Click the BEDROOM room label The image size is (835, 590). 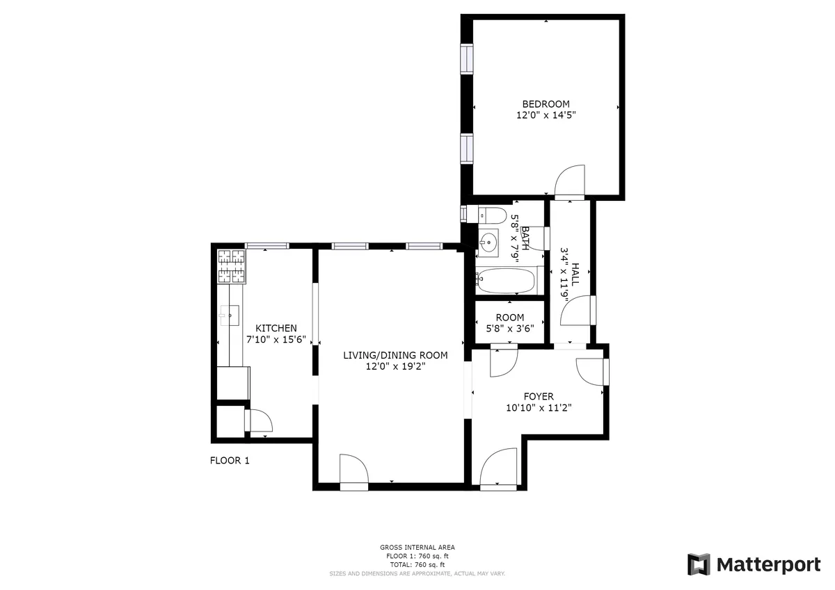click(546, 104)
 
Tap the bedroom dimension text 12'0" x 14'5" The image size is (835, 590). click(546, 116)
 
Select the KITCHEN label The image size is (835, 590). click(276, 328)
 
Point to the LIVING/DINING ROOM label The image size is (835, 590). click(395, 355)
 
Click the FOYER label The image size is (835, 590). click(539, 397)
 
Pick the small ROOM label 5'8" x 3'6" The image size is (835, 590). click(510, 318)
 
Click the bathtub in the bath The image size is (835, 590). click(506, 281)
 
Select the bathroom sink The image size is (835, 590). click(488, 243)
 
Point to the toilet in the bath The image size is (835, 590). click(492, 214)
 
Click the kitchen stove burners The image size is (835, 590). click(232, 266)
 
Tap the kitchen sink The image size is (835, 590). click(228, 316)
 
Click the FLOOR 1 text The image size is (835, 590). click(230, 460)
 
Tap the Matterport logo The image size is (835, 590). click(754, 564)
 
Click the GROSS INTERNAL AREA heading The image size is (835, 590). click(417, 548)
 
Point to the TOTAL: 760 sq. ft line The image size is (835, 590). click(417, 564)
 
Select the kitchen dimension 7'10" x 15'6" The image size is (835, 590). click(276, 340)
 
